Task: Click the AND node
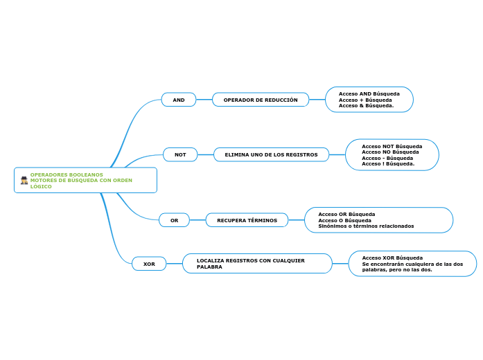(x=179, y=100)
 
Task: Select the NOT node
(x=180, y=154)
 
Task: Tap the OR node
(x=175, y=220)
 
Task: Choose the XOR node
(x=149, y=264)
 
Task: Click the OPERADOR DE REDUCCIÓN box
(x=261, y=100)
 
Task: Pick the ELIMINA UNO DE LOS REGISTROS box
(x=271, y=154)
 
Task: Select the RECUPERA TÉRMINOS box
(x=247, y=220)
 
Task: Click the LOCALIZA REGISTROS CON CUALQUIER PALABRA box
(x=257, y=263)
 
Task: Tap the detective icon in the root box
(x=24, y=180)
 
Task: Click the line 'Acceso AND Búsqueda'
(x=369, y=93)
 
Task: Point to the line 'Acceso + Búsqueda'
(x=365, y=100)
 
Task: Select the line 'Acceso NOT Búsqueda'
(x=392, y=146)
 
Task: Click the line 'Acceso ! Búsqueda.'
(x=388, y=163)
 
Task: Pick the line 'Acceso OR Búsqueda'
(x=346, y=214)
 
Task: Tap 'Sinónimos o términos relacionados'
(x=366, y=226)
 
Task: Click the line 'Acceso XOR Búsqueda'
(x=392, y=258)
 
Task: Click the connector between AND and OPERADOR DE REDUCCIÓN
(x=204, y=100)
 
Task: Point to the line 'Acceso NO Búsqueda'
(x=390, y=152)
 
